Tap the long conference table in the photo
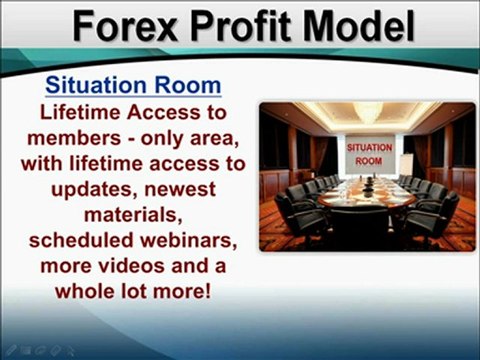coord(369,197)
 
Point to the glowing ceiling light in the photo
coord(368,113)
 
